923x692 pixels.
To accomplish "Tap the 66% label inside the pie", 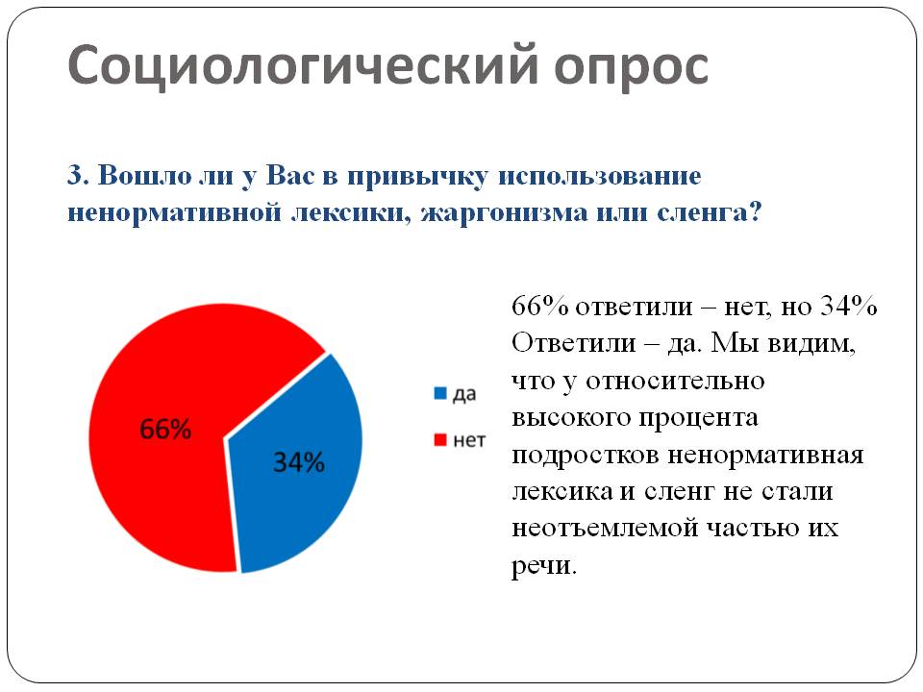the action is coord(165,429).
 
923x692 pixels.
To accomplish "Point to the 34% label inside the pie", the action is coord(299,462).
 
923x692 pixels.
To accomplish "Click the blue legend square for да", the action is coord(439,393).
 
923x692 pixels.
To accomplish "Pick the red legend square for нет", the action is coord(439,439).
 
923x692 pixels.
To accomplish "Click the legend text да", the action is coord(463,394).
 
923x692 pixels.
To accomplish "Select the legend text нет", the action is coord(469,440).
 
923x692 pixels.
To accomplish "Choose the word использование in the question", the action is coord(600,175).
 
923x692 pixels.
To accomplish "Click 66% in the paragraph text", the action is coord(539,306).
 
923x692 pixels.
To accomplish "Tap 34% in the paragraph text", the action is coord(849,306).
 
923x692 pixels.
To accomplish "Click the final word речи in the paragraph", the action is coord(542,566).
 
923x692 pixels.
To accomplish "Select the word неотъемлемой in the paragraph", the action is coord(604,528).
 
